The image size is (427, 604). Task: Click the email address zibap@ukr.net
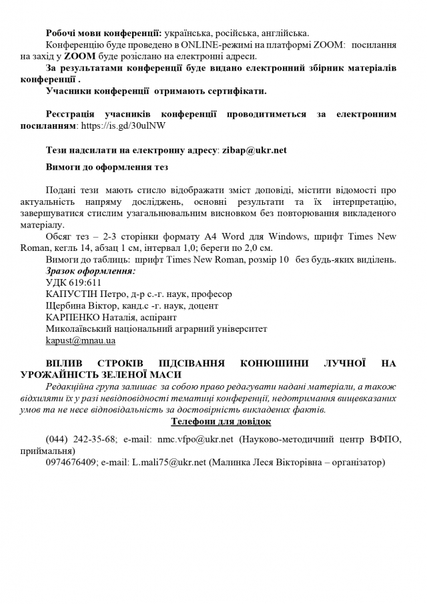coord(254,150)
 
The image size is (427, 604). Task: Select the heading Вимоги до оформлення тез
coord(107,167)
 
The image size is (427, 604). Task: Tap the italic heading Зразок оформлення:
coord(90,271)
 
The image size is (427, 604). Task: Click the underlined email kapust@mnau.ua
coord(81,340)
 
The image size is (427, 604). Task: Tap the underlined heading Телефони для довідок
coord(221,421)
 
